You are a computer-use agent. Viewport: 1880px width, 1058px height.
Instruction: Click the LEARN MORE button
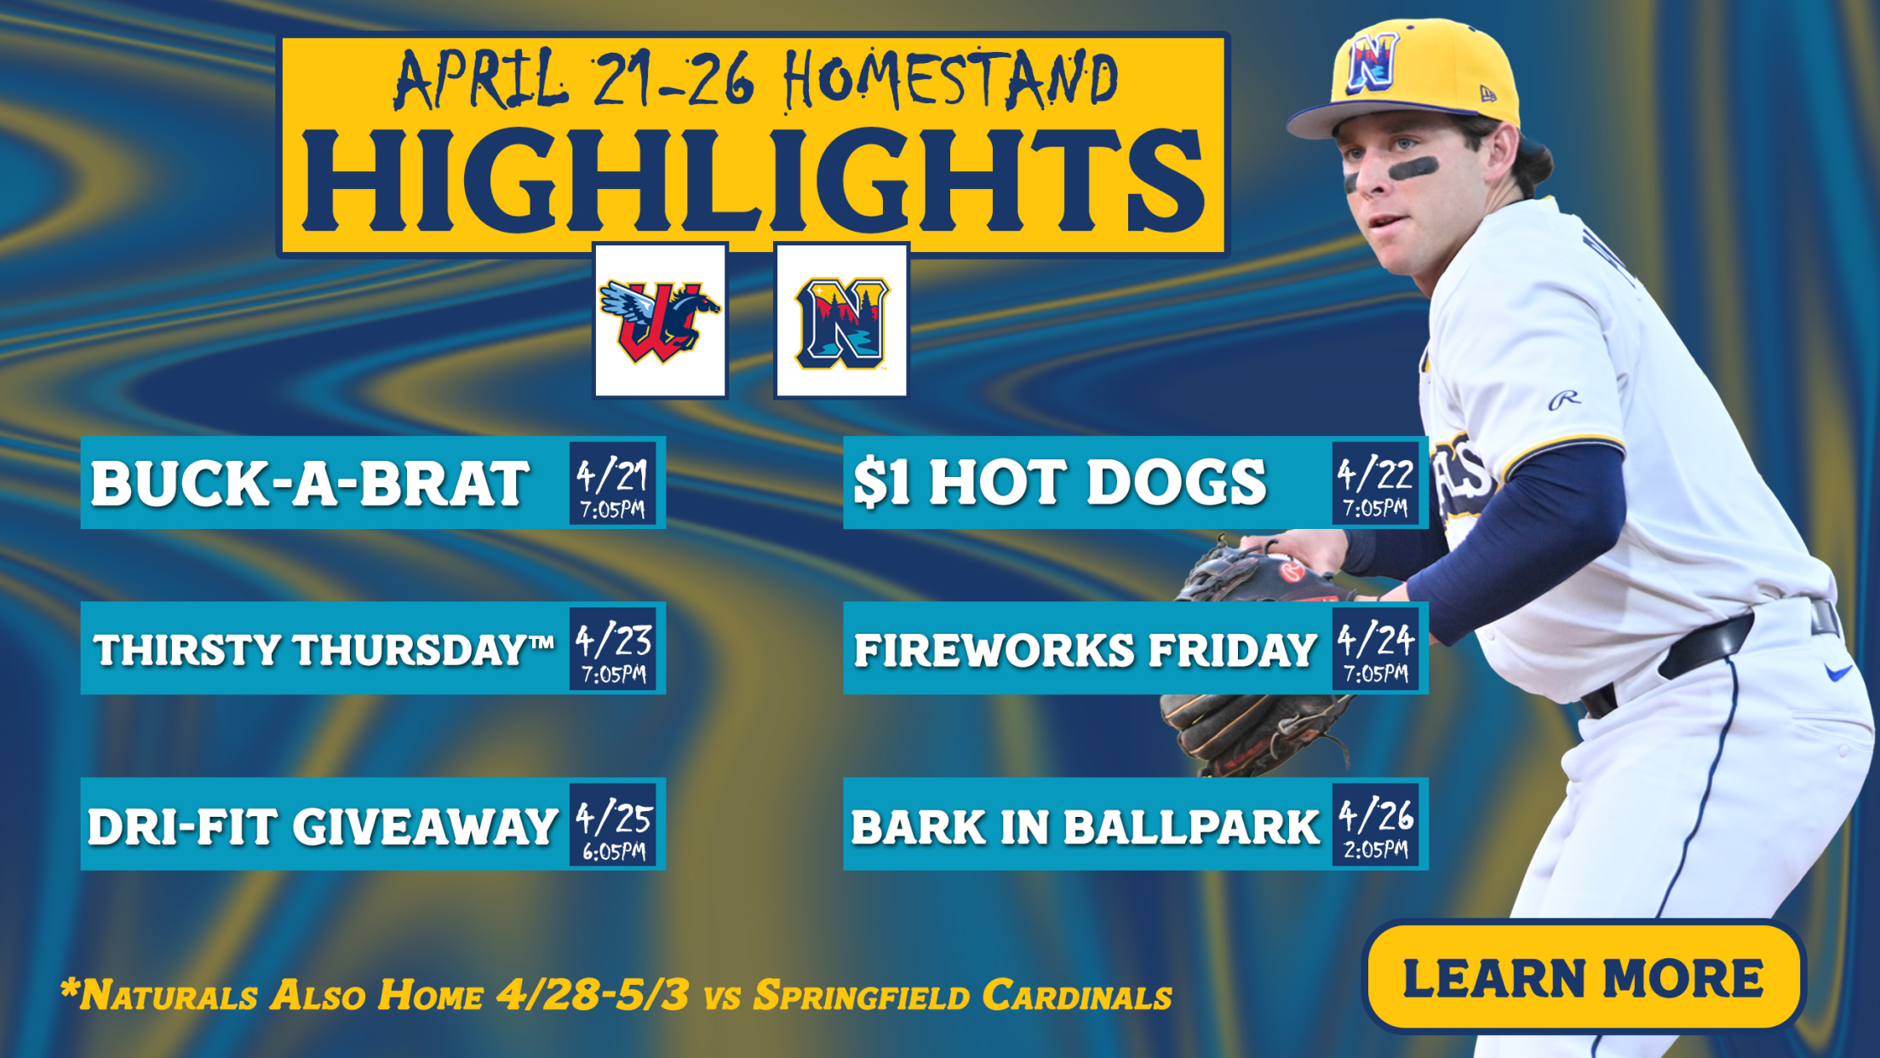[x=1584, y=976]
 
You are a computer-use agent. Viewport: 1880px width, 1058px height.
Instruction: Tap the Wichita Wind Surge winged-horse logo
[x=661, y=321]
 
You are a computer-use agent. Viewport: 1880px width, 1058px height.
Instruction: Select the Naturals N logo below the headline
[x=841, y=321]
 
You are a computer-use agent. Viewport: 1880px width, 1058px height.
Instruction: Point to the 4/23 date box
[x=613, y=648]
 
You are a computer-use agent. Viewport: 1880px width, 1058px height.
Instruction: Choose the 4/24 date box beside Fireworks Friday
[x=1375, y=648]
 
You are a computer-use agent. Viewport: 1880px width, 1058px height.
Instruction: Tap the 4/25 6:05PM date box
[x=613, y=824]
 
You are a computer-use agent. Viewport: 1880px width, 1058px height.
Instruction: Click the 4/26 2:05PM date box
[x=1375, y=824]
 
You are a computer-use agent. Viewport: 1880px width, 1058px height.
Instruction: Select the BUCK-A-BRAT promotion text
[x=310, y=483]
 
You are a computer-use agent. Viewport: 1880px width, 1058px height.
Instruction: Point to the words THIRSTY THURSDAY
[x=314, y=650]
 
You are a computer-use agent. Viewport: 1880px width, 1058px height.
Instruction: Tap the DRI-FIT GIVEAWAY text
[x=322, y=826]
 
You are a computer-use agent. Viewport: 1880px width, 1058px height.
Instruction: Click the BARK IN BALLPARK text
[x=1085, y=827]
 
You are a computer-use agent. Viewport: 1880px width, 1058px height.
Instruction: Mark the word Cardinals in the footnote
[x=1076, y=995]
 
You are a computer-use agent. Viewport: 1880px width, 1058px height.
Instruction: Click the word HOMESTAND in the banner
[x=950, y=80]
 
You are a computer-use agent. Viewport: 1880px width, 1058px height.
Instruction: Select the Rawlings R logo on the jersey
[x=1563, y=399]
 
